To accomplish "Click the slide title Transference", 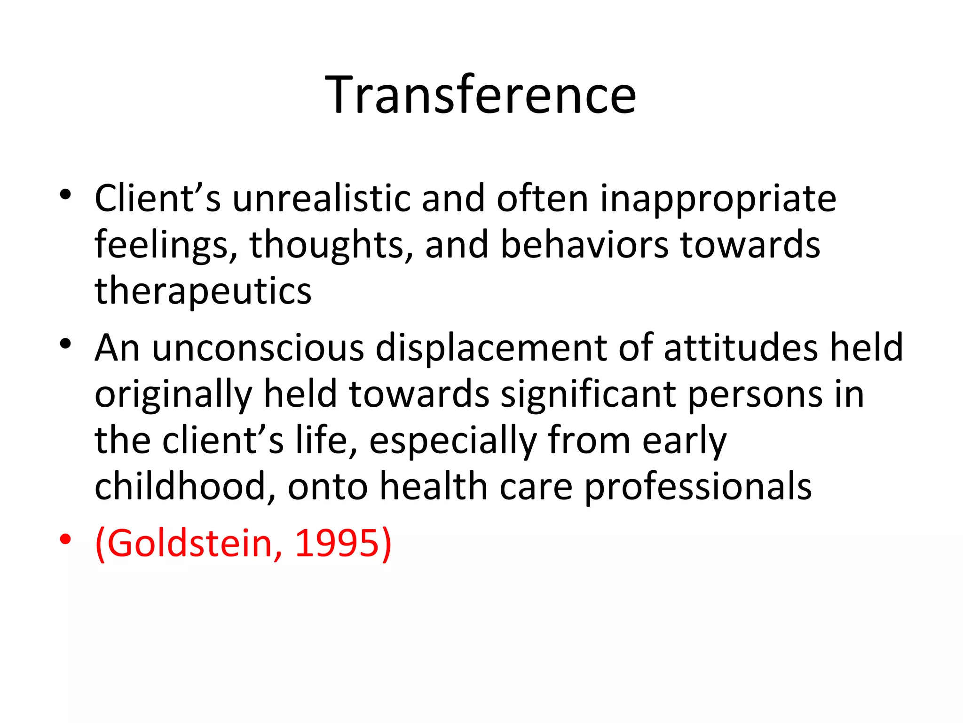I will click(481, 96).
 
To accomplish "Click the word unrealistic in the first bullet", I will click(321, 199).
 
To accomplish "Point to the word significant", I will click(588, 394).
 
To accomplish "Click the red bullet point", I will click(65, 538).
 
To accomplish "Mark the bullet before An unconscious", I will click(65, 343).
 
